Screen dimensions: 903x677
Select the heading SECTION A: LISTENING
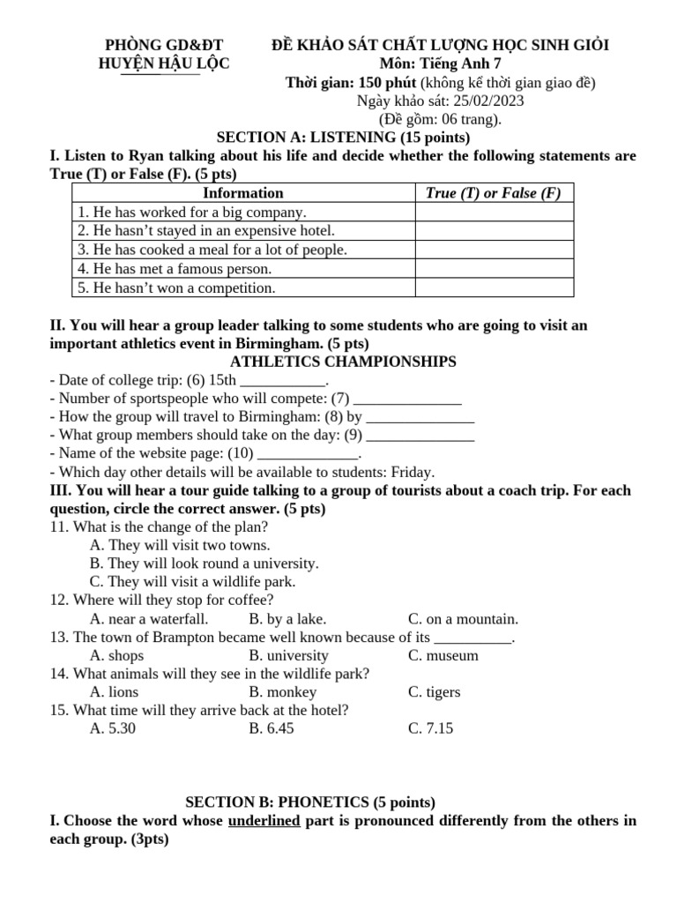coord(343,138)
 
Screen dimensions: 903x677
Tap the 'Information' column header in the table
coord(242,193)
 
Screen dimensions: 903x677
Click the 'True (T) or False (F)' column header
coord(494,193)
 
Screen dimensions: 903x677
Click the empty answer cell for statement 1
coord(494,213)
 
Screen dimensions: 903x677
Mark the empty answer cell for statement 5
coord(494,288)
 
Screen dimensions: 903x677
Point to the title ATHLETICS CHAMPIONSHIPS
coord(343,362)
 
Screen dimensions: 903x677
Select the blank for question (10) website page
coord(308,454)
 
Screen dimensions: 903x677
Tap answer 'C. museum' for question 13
coord(443,655)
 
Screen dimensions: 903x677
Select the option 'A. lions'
coord(114,692)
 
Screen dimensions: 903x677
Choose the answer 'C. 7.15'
coord(430,728)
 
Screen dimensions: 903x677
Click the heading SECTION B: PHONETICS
coord(309,802)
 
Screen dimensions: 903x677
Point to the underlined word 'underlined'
coord(264,821)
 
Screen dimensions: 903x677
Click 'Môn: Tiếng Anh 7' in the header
coord(440,63)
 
